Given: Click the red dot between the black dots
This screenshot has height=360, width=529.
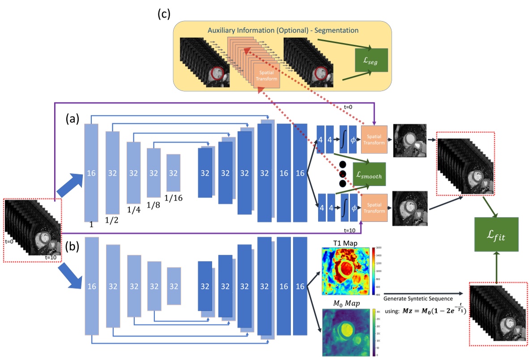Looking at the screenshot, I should pyautogui.click(x=343, y=173).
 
